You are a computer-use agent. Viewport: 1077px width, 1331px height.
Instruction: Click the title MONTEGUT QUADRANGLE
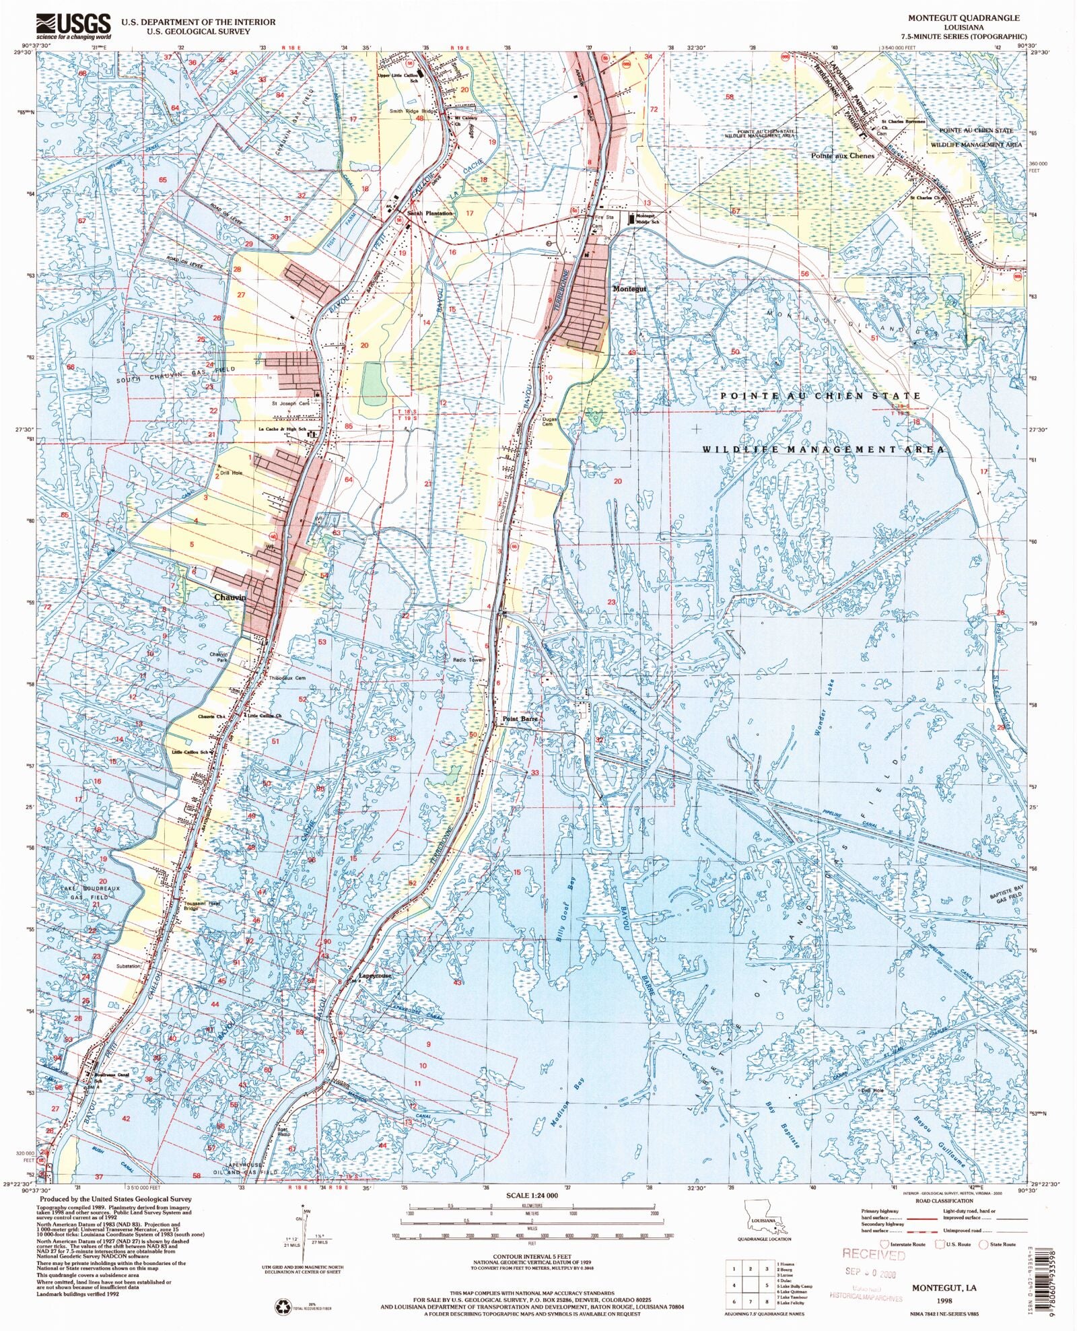tap(964, 18)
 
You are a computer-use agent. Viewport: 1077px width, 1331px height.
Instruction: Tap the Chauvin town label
tap(230, 597)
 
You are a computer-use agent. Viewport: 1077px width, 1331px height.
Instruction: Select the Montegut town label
tap(629, 289)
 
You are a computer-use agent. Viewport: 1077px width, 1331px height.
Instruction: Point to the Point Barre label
tap(520, 719)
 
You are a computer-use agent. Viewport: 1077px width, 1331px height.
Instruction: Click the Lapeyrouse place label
tap(374, 976)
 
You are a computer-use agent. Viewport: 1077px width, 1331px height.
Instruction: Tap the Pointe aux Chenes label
tap(842, 156)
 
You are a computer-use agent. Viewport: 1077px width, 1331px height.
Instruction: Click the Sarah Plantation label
tap(430, 213)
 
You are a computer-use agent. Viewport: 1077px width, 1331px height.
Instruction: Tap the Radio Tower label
tap(468, 660)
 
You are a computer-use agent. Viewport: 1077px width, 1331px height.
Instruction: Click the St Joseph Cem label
tap(290, 403)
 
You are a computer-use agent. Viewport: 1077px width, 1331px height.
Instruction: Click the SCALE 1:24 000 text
tap(532, 1196)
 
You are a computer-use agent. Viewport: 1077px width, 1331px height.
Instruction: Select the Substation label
tap(128, 965)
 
